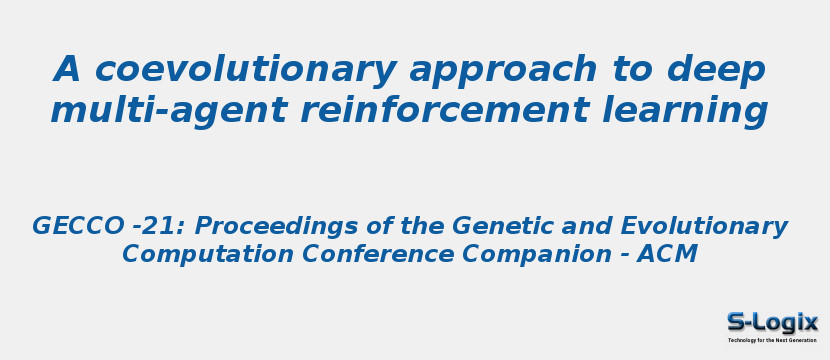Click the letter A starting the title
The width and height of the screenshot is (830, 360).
[66, 69]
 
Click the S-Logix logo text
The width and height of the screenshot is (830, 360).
[772, 322]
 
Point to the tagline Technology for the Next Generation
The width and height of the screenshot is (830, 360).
[772, 340]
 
